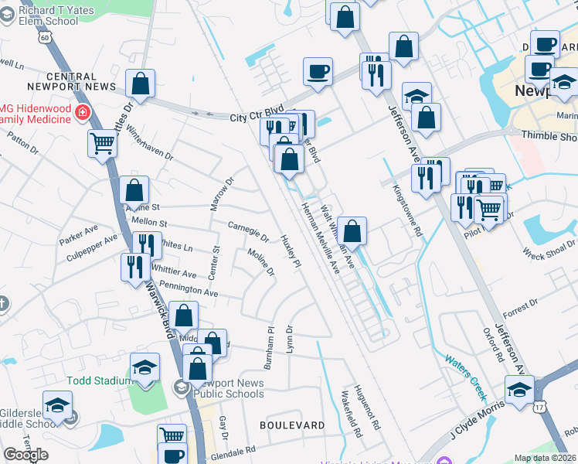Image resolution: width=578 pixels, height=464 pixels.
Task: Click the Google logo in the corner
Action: pyautogui.click(x=25, y=455)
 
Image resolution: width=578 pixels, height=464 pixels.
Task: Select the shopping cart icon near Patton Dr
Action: pyautogui.click(x=102, y=142)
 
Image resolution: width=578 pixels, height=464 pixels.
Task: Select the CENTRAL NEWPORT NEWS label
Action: pyautogui.click(x=72, y=82)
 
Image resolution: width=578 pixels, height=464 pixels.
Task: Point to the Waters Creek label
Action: pyautogui.click(x=465, y=375)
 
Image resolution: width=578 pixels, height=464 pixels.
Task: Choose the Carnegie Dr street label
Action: pyautogui.click(x=249, y=230)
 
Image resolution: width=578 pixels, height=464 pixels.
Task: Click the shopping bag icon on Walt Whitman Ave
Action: pyautogui.click(x=352, y=230)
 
